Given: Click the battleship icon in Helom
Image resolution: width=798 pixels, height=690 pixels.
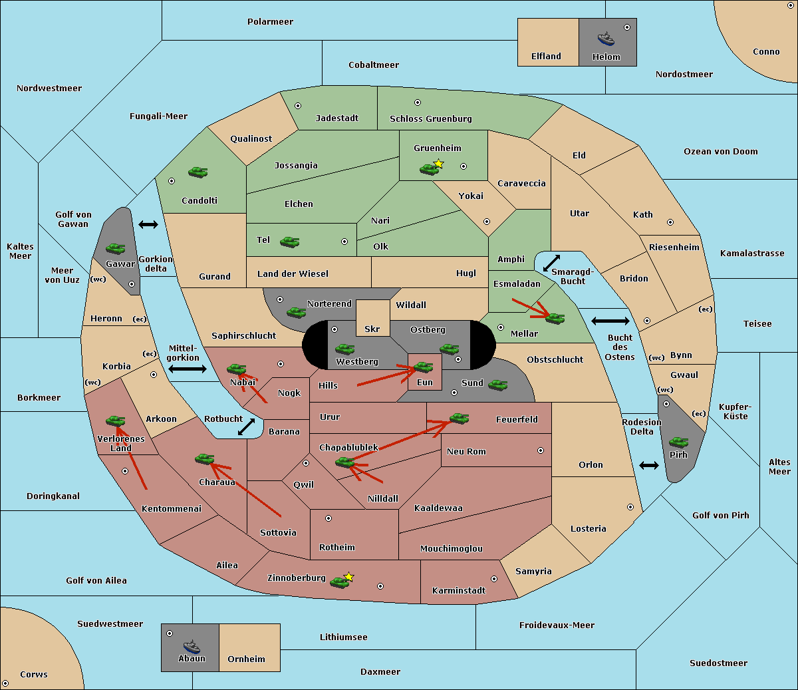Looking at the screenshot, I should (x=606, y=39).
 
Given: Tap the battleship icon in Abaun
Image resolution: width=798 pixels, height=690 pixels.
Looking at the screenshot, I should (x=192, y=645).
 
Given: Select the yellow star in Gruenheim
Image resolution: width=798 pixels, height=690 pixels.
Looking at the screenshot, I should (x=438, y=164).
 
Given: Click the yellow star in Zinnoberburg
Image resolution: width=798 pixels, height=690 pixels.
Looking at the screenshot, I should (x=348, y=577).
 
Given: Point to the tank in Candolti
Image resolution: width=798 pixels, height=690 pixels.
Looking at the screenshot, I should (x=198, y=172).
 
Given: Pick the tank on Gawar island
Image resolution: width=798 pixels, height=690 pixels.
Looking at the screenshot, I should (x=116, y=248).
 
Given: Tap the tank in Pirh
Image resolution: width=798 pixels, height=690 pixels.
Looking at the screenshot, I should (x=678, y=442).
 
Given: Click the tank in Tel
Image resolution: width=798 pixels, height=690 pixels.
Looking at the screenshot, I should (x=289, y=242).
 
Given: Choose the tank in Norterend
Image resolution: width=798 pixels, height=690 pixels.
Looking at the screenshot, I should (x=296, y=311).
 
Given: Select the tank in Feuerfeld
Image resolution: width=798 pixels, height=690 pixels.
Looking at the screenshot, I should (x=459, y=419).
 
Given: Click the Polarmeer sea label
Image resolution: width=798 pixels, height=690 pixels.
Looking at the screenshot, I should (x=270, y=22).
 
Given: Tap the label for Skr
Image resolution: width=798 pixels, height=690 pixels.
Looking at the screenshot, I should (x=372, y=329).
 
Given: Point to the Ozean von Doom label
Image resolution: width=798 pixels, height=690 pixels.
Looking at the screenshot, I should (x=721, y=152).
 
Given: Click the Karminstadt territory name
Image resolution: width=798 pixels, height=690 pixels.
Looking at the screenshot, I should (x=459, y=591).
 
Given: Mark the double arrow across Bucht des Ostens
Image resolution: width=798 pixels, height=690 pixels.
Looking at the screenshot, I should (x=610, y=321).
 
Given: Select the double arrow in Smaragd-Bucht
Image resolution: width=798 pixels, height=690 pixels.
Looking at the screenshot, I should (x=552, y=263).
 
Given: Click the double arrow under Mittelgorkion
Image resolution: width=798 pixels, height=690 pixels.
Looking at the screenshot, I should (x=188, y=369).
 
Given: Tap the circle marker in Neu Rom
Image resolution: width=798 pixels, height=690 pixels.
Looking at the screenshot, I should (x=541, y=450).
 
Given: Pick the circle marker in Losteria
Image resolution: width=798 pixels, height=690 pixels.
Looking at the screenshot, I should (x=630, y=507).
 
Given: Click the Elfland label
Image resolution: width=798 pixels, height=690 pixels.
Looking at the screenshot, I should (x=546, y=57).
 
